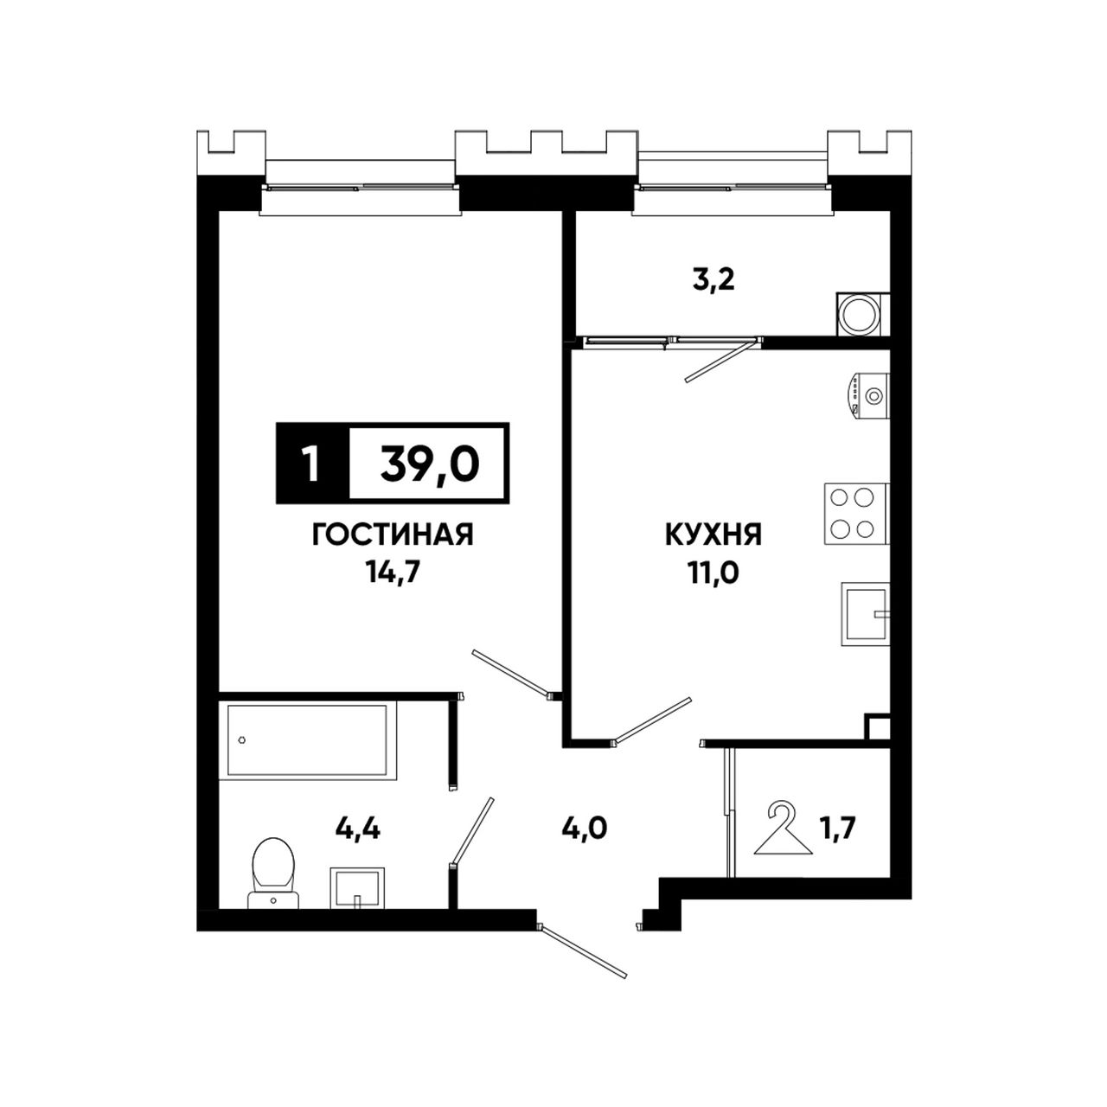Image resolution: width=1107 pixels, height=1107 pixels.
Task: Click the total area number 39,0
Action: [429, 464]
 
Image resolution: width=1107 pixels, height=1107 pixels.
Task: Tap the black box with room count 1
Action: [312, 464]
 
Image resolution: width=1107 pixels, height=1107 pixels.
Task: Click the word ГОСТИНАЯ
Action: [393, 535]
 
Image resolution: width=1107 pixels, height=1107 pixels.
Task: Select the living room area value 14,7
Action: [393, 573]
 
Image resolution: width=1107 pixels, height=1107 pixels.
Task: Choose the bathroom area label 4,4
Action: [357, 829]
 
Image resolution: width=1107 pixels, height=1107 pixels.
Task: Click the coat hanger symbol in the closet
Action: [782, 828]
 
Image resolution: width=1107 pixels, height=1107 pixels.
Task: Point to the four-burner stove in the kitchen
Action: [856, 514]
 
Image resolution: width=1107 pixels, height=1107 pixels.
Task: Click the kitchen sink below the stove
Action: [865, 614]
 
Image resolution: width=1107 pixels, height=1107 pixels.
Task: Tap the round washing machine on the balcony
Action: [862, 314]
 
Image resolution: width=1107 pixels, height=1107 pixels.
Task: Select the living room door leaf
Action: [510, 673]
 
